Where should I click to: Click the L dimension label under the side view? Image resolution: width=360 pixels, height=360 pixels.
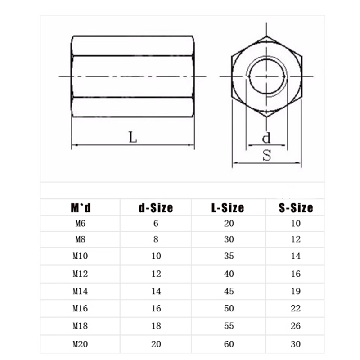pos(132,137)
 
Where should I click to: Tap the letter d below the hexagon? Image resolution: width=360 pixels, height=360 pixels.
pos(266,137)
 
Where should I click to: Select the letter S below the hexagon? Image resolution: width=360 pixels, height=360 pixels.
pos(267,156)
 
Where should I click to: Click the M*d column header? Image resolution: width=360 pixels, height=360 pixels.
pos(81,208)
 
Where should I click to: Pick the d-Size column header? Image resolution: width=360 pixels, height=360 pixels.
pos(155,208)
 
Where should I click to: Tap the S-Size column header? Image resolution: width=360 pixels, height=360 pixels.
pos(295,208)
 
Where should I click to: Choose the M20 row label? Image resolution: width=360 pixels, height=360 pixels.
pos(80,344)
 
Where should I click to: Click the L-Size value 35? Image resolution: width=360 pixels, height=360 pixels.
pos(229,256)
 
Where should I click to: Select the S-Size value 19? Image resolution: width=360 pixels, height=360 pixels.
pos(295,291)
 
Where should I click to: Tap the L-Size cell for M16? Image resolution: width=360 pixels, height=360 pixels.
pos(229,308)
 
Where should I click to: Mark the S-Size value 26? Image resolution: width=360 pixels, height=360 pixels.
pos(295,326)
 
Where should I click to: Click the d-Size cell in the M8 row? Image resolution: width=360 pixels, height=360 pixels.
pos(156,239)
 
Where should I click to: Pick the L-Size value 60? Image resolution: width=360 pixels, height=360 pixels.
pos(229,344)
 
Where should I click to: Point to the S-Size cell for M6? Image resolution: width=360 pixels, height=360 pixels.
pos(295,223)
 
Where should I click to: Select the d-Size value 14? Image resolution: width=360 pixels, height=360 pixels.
pos(156,291)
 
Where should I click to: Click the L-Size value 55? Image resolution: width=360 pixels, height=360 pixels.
pos(229,326)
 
